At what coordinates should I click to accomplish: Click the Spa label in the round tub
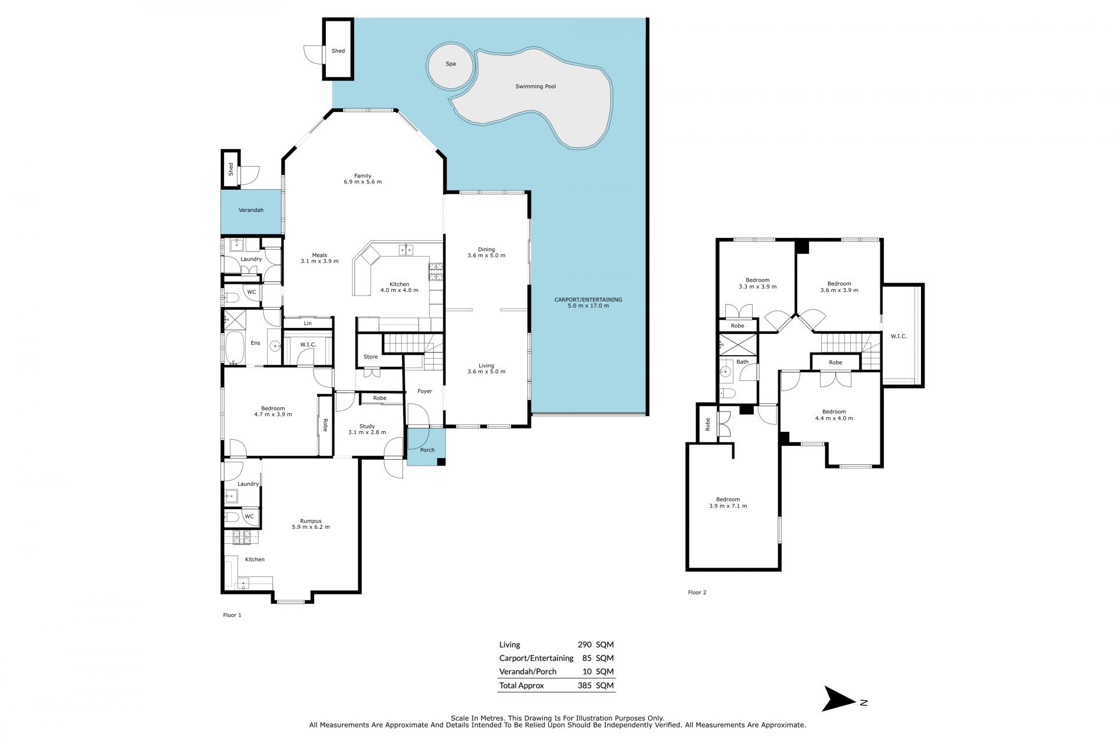click(451, 64)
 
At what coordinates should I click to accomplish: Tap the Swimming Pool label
click(535, 86)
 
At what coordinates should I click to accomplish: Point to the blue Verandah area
click(251, 210)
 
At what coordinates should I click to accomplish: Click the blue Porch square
click(426, 446)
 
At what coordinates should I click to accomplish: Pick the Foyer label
click(425, 391)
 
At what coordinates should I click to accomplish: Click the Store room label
click(371, 357)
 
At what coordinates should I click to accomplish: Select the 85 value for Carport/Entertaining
click(587, 658)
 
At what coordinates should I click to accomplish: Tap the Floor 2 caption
click(697, 593)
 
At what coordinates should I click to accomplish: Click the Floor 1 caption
click(232, 615)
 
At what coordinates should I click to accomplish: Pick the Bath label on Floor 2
click(742, 362)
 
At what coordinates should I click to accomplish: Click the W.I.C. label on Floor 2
click(898, 336)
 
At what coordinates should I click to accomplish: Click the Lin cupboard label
click(308, 323)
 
